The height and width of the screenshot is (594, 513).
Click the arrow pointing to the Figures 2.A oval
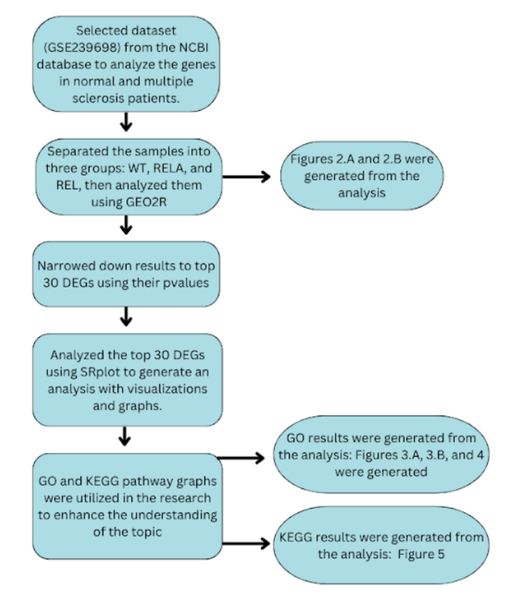(x=248, y=177)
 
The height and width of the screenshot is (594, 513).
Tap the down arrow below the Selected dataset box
(x=127, y=122)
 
